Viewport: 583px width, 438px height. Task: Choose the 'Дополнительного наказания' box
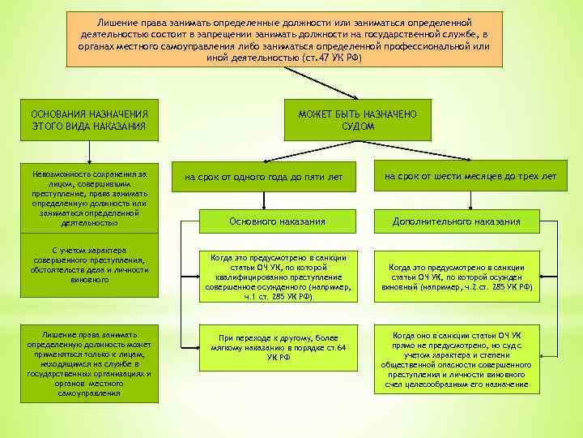coord(467,221)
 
